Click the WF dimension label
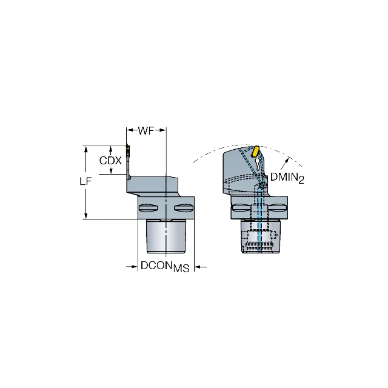point(146,131)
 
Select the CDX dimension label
point(110,161)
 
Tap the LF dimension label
point(85,182)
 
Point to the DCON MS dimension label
point(165,267)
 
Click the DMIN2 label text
point(287,178)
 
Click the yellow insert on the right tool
point(255,151)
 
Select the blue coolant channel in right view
point(260,220)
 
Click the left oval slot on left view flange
point(149,208)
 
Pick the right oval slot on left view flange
point(183,208)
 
